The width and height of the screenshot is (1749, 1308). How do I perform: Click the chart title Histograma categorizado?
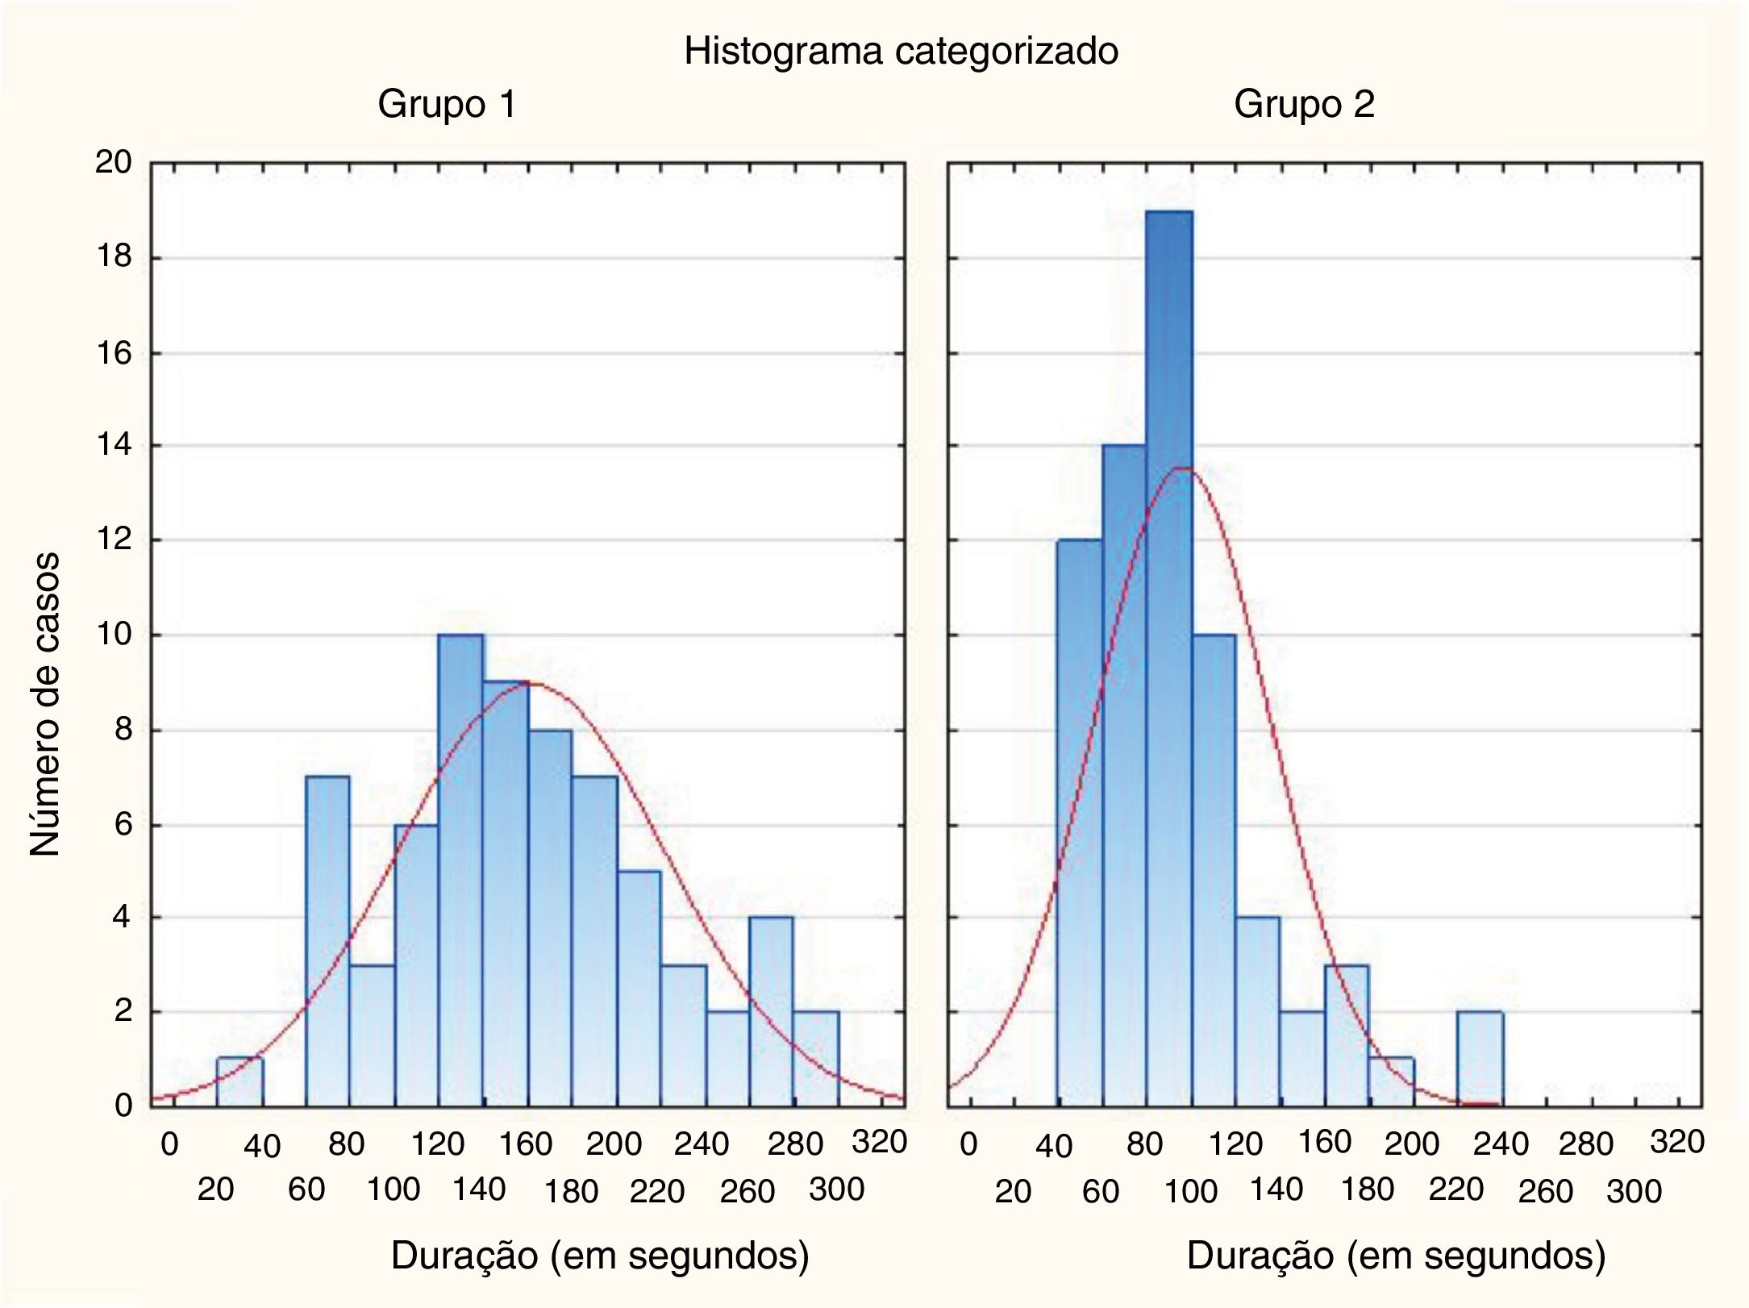tap(901, 52)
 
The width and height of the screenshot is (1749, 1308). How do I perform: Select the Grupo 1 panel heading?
tap(447, 105)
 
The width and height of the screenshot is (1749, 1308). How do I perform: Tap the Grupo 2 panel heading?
tap(1304, 105)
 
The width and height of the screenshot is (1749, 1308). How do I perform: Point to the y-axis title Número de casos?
tap(45, 704)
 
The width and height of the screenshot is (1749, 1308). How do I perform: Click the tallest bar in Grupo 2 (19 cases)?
tap(1168, 645)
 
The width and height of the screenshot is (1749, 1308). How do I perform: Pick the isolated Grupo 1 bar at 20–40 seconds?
tap(239, 1081)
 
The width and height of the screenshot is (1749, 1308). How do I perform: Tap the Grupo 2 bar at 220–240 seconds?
tap(1479, 1058)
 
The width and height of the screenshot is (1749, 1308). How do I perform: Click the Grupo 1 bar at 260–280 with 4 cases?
tap(770, 1011)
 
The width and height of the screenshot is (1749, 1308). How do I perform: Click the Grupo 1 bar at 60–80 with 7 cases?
tap(327, 939)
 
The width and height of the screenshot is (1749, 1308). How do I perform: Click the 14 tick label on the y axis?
tap(113, 446)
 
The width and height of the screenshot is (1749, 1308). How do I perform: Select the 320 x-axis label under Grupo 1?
tap(880, 1142)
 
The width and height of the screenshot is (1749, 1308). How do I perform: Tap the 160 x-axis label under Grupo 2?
tap(1324, 1142)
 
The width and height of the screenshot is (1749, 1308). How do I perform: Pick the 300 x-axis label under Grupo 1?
tap(836, 1189)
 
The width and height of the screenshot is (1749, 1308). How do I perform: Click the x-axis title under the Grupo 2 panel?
tap(1396, 1256)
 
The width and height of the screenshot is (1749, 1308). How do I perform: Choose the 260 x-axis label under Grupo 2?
tap(1545, 1191)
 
